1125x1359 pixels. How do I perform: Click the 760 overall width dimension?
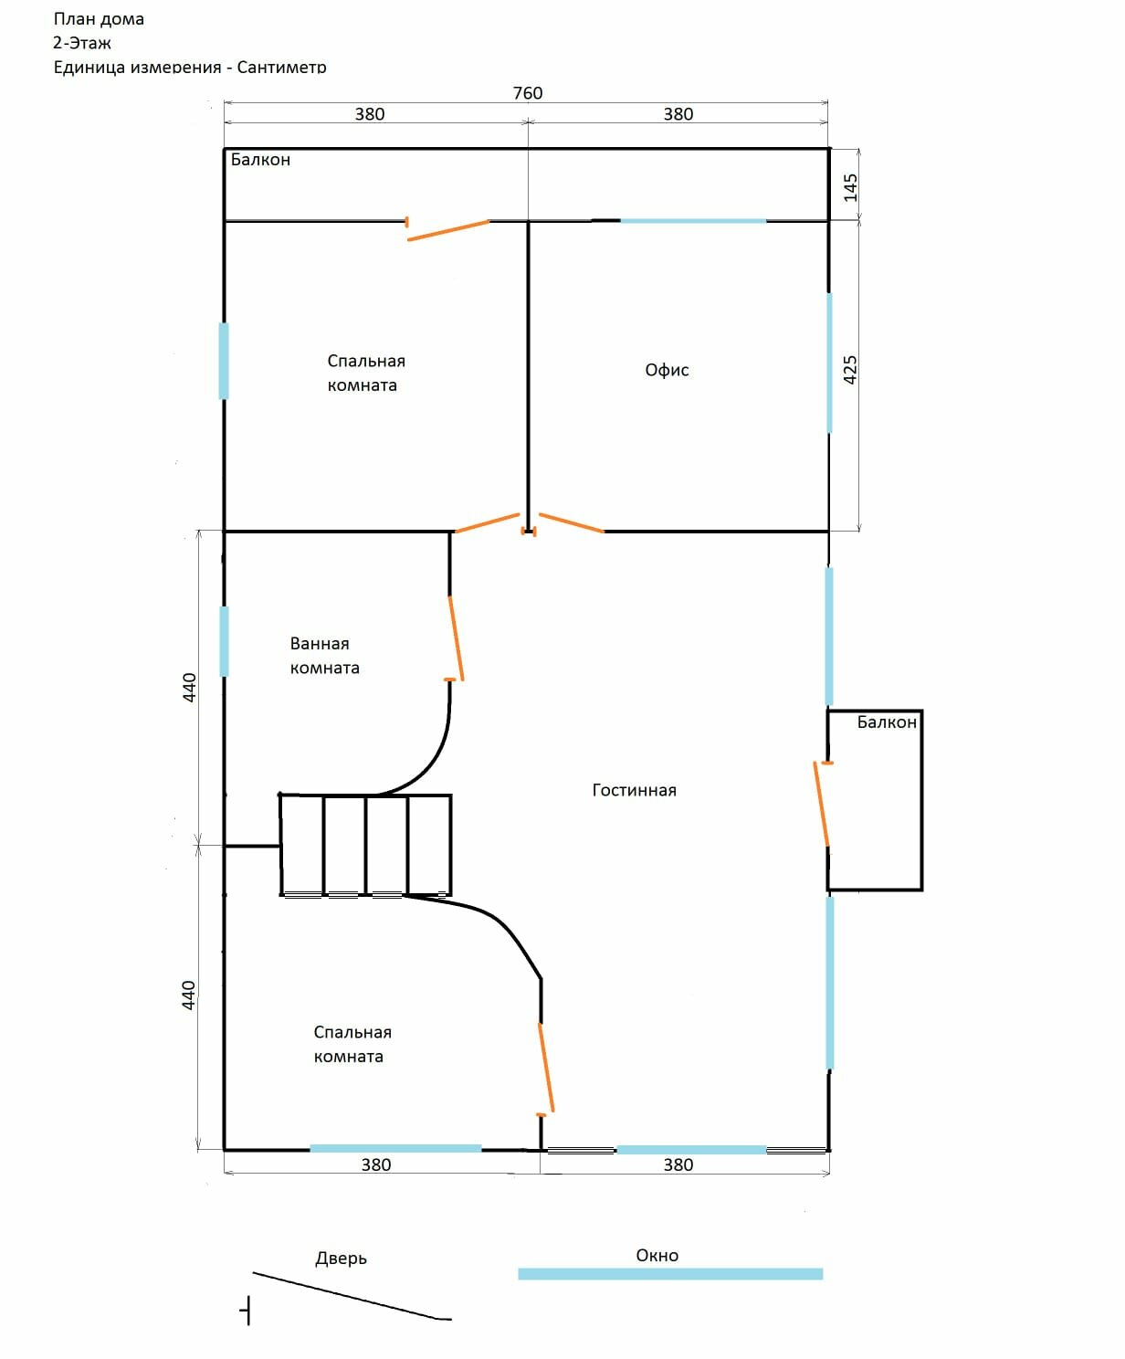(x=527, y=93)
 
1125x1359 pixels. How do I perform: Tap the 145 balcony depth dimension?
(x=850, y=187)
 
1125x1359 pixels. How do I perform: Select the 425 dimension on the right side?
(x=850, y=370)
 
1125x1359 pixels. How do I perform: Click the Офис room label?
(x=667, y=370)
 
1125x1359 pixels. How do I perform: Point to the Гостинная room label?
(x=635, y=790)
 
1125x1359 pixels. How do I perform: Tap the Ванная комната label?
(x=324, y=656)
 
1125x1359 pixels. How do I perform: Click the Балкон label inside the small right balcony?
(x=886, y=722)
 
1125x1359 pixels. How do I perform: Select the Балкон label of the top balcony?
(x=260, y=160)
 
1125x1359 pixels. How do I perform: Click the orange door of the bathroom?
(x=456, y=638)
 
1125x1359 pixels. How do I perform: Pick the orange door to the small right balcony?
(x=821, y=804)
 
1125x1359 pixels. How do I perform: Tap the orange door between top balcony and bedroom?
(x=448, y=230)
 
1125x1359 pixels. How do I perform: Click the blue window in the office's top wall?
(x=693, y=221)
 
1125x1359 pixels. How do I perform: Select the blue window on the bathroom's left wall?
(x=224, y=642)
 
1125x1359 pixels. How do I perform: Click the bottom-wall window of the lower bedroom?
(x=395, y=1148)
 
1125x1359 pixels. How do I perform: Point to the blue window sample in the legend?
(x=670, y=1274)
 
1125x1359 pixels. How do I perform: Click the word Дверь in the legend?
(x=341, y=1259)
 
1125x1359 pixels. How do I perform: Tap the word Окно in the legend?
(x=657, y=1255)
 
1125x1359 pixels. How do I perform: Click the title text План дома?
(x=99, y=19)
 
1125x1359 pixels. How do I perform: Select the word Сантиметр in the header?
(x=282, y=67)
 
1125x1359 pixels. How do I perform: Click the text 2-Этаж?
(x=82, y=43)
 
